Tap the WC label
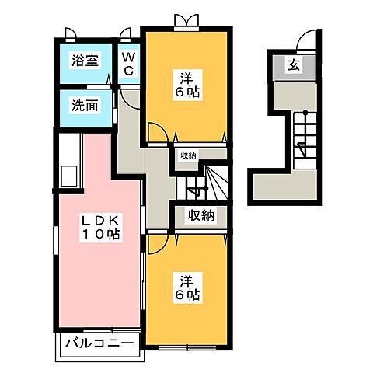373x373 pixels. (x=128, y=65)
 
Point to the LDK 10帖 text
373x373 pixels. (x=102, y=226)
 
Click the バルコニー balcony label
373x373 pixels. (x=100, y=343)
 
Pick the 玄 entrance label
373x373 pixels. (x=295, y=65)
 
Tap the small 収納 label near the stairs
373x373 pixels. (x=188, y=155)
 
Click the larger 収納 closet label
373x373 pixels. (x=200, y=216)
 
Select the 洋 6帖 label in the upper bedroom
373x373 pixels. (x=186, y=83)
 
